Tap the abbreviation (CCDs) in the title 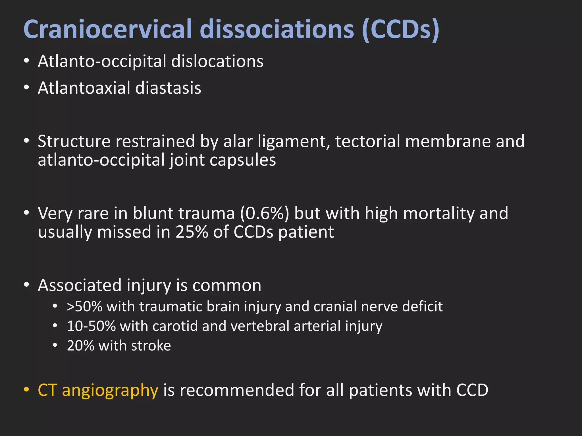point(401,30)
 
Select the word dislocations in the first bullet point(217,61)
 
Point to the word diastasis point(168,88)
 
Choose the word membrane point(448,141)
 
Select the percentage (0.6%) point(265,213)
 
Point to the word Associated point(80,285)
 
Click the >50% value point(84,307)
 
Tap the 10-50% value point(91,326)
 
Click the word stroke point(151,346)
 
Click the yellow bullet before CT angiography point(26,389)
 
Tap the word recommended point(236,390)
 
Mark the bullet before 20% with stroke point(55,345)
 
